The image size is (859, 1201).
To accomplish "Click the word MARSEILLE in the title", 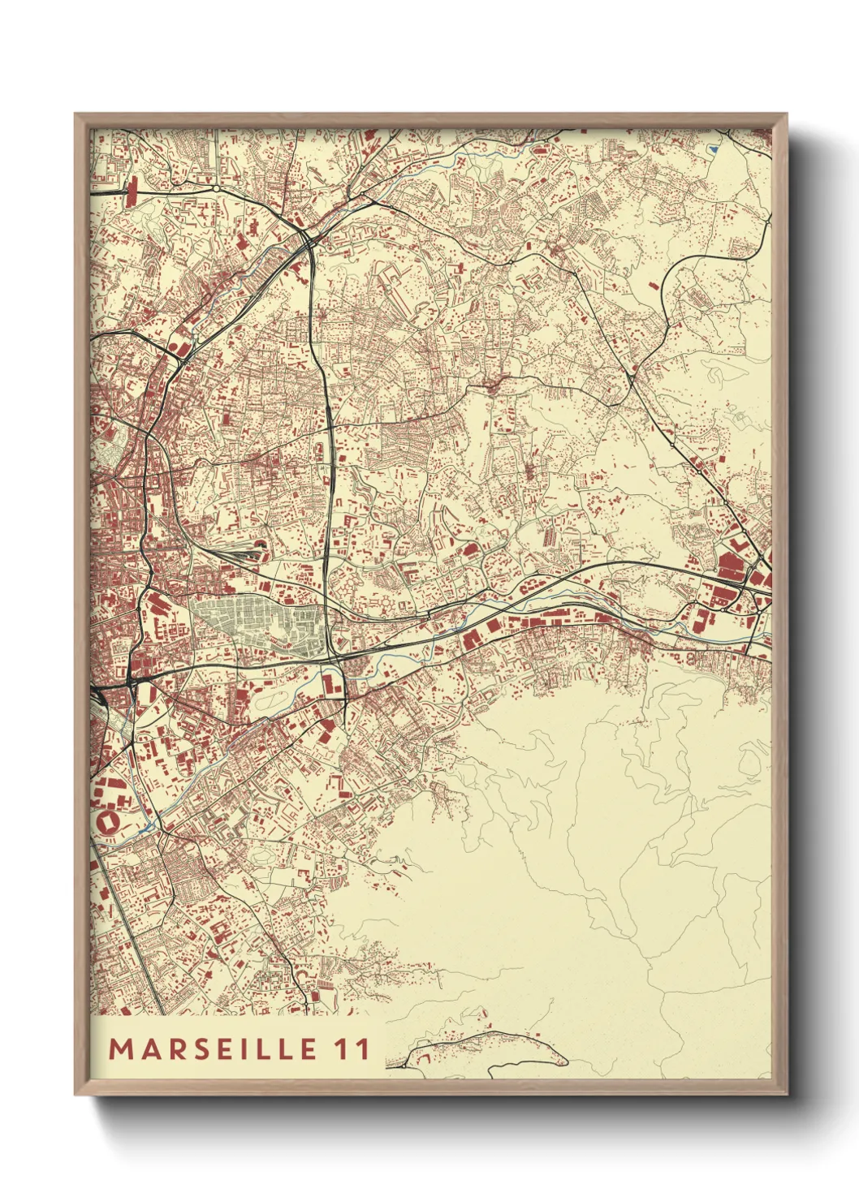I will point(213,1048).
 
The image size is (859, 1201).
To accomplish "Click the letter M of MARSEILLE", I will point(120,1048).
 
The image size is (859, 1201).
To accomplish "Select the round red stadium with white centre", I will point(107,820).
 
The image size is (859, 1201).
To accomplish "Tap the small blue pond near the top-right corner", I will point(713,149).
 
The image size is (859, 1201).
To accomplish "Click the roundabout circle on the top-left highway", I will point(218,189).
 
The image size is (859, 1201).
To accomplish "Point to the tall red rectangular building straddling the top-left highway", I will point(132,193).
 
